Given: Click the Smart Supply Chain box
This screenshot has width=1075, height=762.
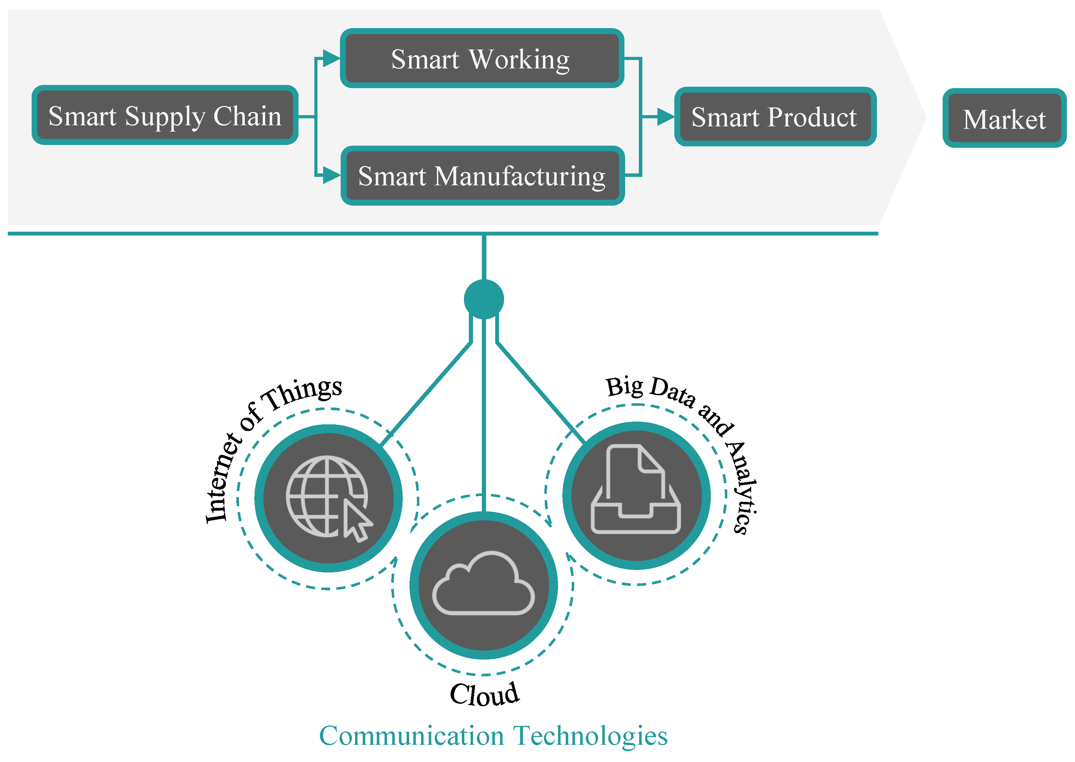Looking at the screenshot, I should tap(165, 115).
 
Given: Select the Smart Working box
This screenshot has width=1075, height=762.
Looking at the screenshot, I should tap(481, 59).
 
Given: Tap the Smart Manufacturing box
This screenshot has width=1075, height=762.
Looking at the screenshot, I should tap(482, 175).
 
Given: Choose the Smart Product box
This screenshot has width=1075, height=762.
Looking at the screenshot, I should tap(775, 117).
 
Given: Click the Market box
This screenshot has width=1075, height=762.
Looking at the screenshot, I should tap(1004, 118).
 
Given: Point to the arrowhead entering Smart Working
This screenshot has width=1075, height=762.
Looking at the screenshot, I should tap(332, 59).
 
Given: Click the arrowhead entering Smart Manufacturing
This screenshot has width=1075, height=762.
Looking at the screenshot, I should tap(332, 175).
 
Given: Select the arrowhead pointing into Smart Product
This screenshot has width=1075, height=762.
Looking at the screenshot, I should tap(665, 117).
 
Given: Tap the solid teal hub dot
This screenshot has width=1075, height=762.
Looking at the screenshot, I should tap(484, 299).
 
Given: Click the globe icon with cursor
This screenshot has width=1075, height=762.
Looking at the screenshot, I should tap(328, 497).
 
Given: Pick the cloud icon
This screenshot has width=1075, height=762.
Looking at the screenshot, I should tap(484, 584).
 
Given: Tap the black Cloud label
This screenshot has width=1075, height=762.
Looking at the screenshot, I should tap(484, 694).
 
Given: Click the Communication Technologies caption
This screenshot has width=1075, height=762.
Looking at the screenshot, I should tap(493, 735).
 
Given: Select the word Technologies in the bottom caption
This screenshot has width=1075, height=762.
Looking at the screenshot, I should tap(590, 735).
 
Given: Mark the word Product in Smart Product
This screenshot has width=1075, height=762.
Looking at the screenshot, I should tap(812, 117).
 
